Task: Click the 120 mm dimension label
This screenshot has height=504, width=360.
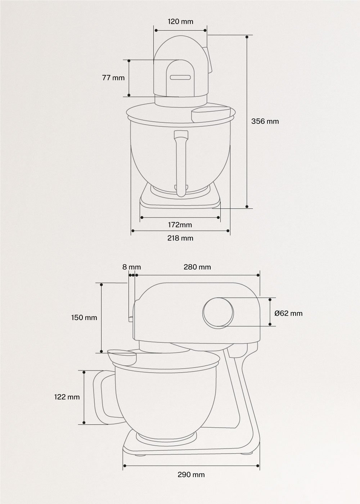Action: (x=180, y=22)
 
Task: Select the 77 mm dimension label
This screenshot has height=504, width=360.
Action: (x=113, y=77)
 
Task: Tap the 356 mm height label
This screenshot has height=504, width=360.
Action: (x=265, y=121)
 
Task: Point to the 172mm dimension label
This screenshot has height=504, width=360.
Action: (x=180, y=225)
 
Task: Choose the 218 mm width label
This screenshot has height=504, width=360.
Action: (x=180, y=238)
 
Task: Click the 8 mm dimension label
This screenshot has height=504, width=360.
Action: (x=131, y=267)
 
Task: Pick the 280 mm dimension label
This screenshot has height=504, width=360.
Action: (x=197, y=267)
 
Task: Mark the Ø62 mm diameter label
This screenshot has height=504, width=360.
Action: (x=288, y=313)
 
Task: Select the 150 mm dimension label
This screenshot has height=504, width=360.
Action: (x=84, y=318)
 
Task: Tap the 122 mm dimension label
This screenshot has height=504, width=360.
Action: (x=67, y=397)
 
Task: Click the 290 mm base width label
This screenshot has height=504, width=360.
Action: (x=191, y=474)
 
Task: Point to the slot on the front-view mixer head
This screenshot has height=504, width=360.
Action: (x=180, y=77)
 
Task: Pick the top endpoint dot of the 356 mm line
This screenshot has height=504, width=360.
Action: (x=247, y=37)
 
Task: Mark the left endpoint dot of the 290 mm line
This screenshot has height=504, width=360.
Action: (x=125, y=466)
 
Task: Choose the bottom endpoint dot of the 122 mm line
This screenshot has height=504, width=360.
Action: (x=84, y=423)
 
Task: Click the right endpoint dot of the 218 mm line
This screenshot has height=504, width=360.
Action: (x=229, y=230)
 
